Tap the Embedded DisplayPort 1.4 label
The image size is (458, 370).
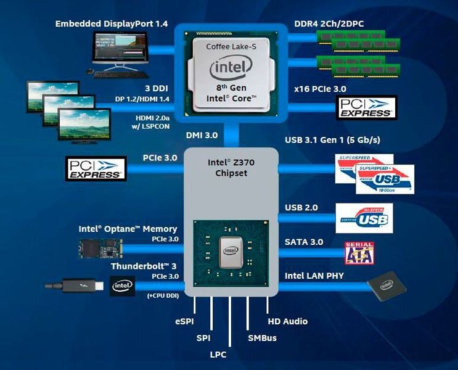pyautogui.click(x=111, y=24)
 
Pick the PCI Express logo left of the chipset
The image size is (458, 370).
pyautogui.click(x=96, y=167)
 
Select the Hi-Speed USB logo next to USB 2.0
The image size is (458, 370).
pyautogui.click(x=364, y=218)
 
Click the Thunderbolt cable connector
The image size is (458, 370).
pyautogui.click(x=75, y=286)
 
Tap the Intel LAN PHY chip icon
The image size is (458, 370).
pyautogui.click(x=388, y=286)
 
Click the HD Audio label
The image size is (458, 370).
pyautogui.click(x=287, y=321)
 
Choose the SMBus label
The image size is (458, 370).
pyautogui.click(x=262, y=338)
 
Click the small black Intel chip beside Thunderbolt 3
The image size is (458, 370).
pyautogui.click(x=121, y=286)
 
